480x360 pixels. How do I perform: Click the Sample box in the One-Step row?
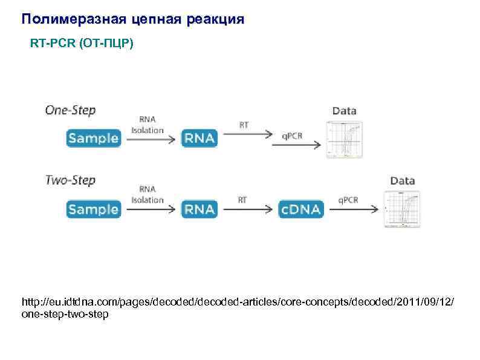pyautogui.click(x=93, y=138)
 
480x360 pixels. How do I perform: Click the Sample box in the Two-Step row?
pyautogui.click(x=93, y=209)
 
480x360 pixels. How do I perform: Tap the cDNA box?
pyautogui.click(x=301, y=209)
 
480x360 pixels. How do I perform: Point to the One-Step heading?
pyautogui.click(x=70, y=111)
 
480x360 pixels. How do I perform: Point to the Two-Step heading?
pyautogui.click(x=70, y=180)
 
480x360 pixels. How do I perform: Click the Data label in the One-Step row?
pyautogui.click(x=345, y=111)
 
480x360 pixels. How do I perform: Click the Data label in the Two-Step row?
pyautogui.click(x=402, y=180)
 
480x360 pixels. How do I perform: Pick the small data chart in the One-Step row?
pyautogui.click(x=345, y=140)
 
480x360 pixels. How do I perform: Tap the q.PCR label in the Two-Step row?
pyautogui.click(x=348, y=200)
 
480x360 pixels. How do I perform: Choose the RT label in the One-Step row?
pyautogui.click(x=244, y=125)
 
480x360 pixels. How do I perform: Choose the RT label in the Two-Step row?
pyautogui.click(x=242, y=200)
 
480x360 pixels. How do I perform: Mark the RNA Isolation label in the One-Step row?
pyautogui.click(x=148, y=125)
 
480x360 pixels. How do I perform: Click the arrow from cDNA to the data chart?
pyautogui.click(x=354, y=209)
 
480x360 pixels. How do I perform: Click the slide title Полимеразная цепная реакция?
pyautogui.click(x=133, y=19)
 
